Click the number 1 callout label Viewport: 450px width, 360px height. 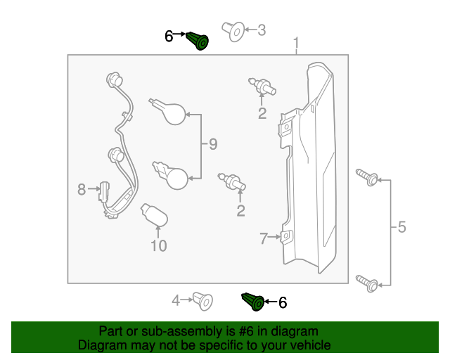click(x=296, y=44)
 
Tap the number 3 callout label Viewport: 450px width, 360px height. click(x=262, y=30)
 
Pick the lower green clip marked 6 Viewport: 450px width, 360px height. click(x=253, y=302)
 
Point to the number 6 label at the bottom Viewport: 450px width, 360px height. click(x=283, y=302)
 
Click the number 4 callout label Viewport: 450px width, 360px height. click(x=176, y=301)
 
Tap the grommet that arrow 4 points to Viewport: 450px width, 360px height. click(x=203, y=300)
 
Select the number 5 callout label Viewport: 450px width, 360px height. click(x=401, y=227)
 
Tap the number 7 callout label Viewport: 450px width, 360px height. click(x=264, y=239)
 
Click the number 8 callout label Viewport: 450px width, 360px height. click(x=82, y=189)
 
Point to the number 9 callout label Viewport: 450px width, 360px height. click(x=213, y=145)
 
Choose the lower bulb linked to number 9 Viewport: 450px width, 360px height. click(x=173, y=174)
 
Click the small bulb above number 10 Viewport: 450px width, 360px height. click(x=154, y=215)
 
